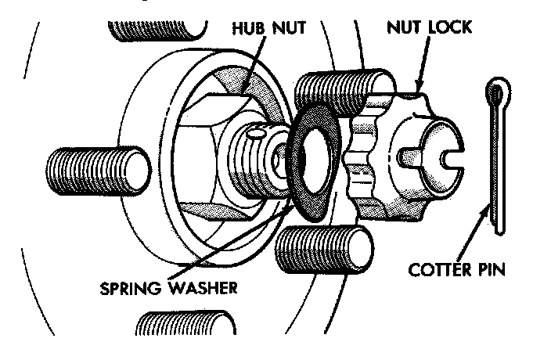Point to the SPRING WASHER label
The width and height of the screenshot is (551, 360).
(x=167, y=286)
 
